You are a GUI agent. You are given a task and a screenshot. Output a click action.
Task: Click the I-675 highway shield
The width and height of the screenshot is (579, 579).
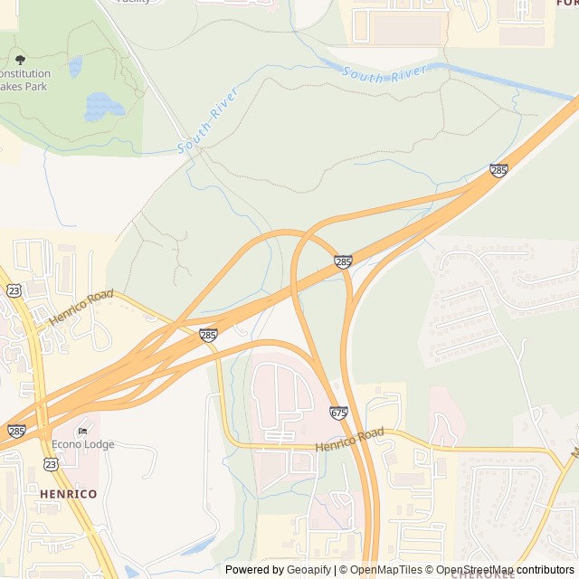[339, 413]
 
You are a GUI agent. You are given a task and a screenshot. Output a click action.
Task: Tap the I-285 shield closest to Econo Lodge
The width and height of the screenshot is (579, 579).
[16, 432]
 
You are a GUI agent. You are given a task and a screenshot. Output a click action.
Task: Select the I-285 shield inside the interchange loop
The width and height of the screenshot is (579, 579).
[343, 262]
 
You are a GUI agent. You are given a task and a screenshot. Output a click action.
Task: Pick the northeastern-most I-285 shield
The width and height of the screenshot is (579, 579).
[498, 170]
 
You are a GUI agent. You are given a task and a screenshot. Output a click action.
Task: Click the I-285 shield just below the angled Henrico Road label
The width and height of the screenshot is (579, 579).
[208, 335]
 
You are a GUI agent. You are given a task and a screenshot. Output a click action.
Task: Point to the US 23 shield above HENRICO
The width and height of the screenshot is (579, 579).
[50, 464]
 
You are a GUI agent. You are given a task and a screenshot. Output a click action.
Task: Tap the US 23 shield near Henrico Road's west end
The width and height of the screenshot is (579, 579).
[14, 289]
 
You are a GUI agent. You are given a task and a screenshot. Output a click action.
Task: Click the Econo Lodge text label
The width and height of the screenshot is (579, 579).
[84, 444]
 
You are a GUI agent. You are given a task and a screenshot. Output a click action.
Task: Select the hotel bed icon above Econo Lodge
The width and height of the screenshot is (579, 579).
[84, 431]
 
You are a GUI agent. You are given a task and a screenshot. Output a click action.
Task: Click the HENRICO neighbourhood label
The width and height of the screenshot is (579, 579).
[68, 494]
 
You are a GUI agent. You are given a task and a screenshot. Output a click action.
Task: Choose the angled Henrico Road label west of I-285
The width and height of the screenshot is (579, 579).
[81, 308]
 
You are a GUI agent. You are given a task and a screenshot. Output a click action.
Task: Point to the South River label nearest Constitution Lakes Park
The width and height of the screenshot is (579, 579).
[207, 119]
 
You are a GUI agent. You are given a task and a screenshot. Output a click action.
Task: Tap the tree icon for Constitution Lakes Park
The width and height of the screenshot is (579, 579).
[20, 60]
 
